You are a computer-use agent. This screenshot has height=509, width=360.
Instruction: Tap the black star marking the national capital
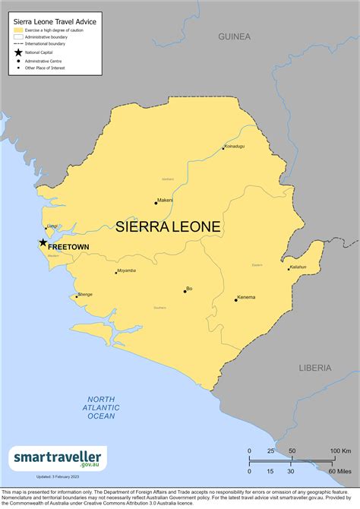pyautogui.click(x=43, y=243)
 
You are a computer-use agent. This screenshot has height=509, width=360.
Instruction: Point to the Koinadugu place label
pyautogui.click(x=234, y=145)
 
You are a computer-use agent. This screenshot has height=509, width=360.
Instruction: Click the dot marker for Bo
pyautogui.click(x=185, y=289)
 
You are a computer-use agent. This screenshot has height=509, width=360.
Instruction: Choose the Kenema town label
pyautogui.click(x=246, y=297)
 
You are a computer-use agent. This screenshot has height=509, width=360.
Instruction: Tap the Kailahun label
pyautogui.click(x=298, y=267)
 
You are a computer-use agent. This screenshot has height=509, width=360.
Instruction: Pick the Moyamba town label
pyautogui.click(x=127, y=270)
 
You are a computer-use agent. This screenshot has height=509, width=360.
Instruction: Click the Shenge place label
pyautogui.click(x=85, y=294)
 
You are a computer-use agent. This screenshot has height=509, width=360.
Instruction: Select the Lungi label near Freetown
pyautogui.click(x=52, y=226)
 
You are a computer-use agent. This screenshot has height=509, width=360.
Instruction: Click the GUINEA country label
pyautogui.click(x=233, y=36)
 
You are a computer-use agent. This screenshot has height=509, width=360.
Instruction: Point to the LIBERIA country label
pyautogui.click(x=314, y=368)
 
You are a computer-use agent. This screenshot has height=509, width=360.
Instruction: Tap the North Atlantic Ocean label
pyautogui.click(x=100, y=408)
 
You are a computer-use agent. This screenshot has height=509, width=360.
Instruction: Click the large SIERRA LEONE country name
pyautogui.click(x=168, y=226)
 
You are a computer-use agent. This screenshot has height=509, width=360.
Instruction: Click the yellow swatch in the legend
pyautogui.click(x=18, y=30)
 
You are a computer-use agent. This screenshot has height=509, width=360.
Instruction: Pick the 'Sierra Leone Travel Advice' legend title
pyautogui.click(x=55, y=22)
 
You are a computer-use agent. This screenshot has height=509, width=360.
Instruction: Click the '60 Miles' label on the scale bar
pyautogui.click(x=339, y=471)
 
